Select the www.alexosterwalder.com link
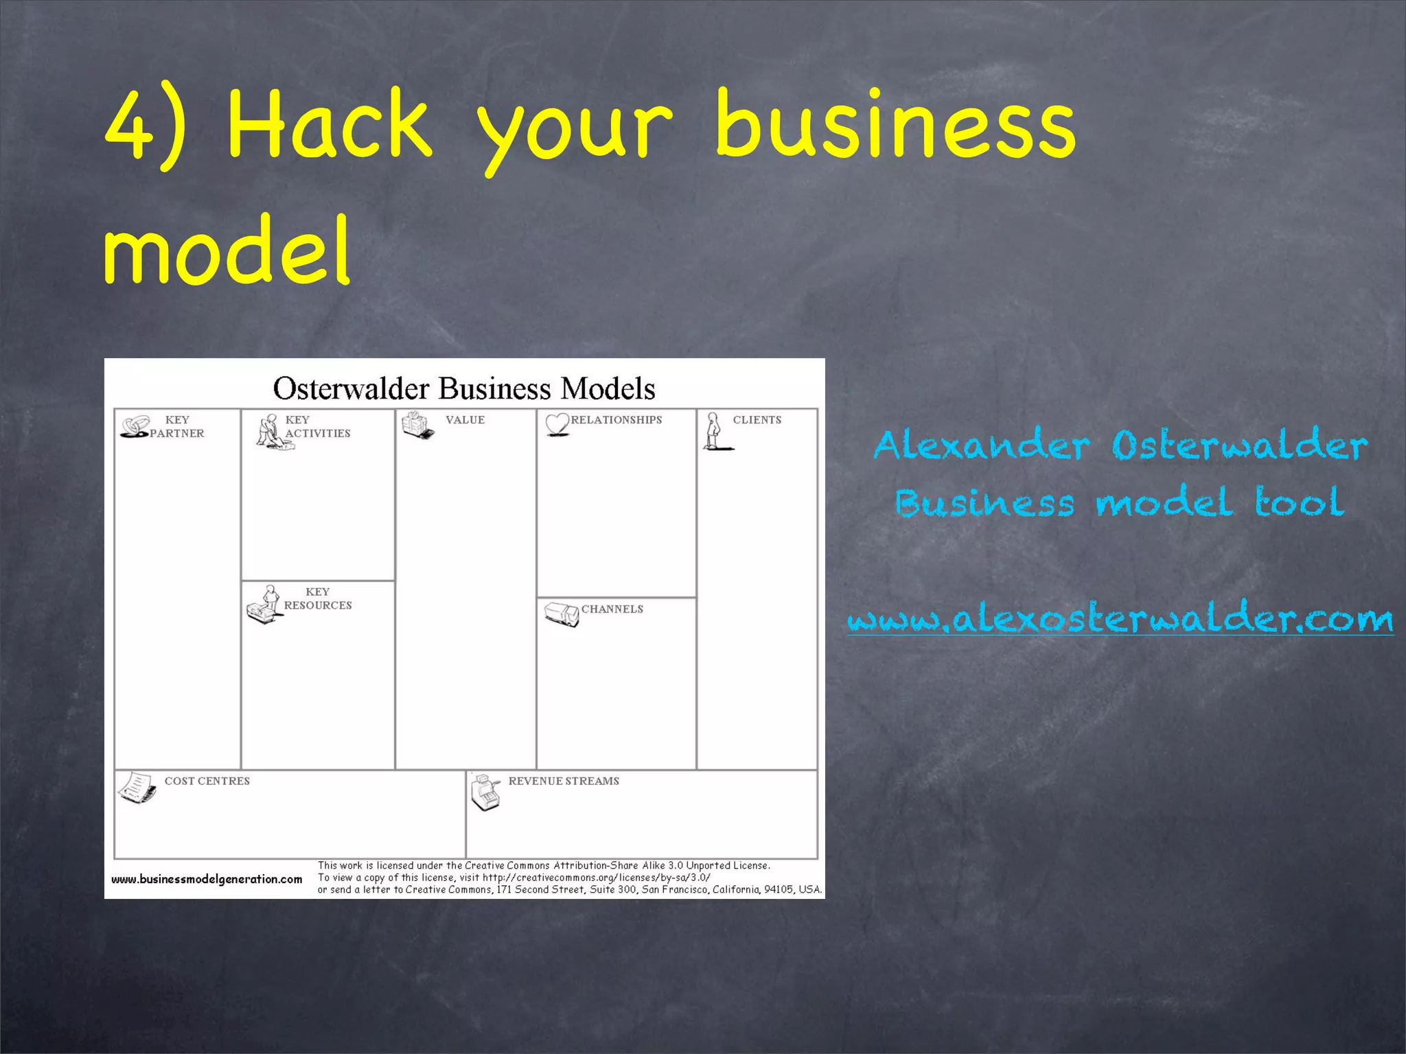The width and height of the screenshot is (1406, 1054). pos(1120,620)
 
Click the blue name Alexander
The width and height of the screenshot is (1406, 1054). pos(982,445)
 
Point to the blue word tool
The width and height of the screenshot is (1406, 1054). pos(1299,502)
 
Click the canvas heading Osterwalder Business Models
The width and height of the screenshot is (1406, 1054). pos(464,388)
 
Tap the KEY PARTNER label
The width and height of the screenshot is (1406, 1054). pos(177,426)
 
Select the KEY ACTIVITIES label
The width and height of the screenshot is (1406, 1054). pos(317,426)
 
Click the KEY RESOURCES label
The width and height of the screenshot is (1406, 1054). pos(317,598)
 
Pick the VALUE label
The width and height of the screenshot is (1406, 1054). pos(465,420)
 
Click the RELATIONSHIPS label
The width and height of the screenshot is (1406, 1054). pos(616,420)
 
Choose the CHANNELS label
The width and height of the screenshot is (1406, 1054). pos(612,609)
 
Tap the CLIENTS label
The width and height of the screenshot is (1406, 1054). pos(757,420)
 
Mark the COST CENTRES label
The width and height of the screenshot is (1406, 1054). pos(207,781)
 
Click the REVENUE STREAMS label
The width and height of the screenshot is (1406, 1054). pos(564,781)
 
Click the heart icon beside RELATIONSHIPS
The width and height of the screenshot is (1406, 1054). pos(557,424)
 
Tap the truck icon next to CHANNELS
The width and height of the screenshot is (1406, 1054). pos(562,614)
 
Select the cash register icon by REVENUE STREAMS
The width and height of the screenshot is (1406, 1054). pos(485,793)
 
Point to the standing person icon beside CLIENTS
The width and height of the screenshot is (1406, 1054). pos(715,432)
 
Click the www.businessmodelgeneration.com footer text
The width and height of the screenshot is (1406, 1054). pos(207,879)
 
